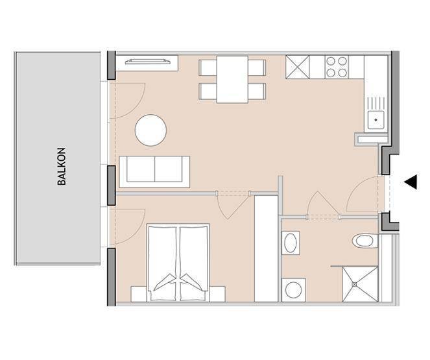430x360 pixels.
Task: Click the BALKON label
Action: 62,167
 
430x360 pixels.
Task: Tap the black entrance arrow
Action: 411,182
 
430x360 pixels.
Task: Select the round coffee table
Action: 150,130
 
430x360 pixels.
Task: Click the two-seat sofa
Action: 154,172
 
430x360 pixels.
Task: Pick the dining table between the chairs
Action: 232,80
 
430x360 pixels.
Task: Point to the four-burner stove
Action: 337,67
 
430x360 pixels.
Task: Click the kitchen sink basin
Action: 376,120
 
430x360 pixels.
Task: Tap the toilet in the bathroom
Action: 364,241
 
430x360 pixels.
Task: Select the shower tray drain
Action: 355,284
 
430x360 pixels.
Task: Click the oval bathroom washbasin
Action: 291,243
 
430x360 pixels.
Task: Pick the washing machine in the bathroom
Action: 293,290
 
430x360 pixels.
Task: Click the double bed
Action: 178,263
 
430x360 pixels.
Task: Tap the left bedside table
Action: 139,294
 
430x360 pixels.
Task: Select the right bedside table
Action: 217,294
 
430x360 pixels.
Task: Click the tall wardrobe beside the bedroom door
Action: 266,248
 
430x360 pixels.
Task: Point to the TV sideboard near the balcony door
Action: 147,63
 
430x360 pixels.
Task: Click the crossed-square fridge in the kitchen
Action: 297,67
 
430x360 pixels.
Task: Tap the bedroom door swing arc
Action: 233,206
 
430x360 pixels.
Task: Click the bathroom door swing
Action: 323,204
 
